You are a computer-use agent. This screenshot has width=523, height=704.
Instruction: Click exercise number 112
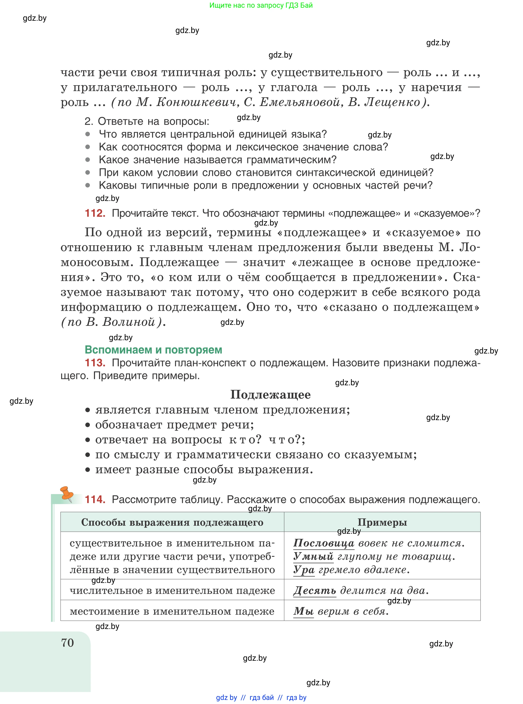pos(95,213)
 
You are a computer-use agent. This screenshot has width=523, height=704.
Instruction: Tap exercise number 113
pos(95,362)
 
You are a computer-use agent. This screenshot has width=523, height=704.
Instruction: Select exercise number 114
pos(95,499)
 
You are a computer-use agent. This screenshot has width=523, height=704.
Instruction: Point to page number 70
pos(67,643)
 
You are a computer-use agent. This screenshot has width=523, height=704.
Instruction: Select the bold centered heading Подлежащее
pos(270,395)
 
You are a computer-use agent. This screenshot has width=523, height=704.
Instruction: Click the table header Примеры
pos(382,522)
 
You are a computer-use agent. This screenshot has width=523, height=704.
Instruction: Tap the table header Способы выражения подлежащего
pos(172,522)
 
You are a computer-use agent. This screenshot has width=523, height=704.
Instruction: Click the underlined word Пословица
pos(324,543)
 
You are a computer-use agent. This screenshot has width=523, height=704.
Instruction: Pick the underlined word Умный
pos(313,556)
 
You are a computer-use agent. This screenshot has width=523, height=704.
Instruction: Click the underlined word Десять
pos(315,590)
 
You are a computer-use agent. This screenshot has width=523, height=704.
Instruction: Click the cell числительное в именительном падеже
pos(172,590)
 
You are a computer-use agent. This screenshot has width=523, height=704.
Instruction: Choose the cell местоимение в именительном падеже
pos(172,611)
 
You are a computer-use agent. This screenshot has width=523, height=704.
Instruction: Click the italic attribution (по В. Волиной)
pos(113,322)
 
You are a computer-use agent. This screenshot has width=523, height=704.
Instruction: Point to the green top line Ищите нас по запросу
pos(261,5)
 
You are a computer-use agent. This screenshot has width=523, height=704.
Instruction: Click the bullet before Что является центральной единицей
pos(88,134)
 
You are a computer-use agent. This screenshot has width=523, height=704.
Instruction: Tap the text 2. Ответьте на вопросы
pos(147,121)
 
